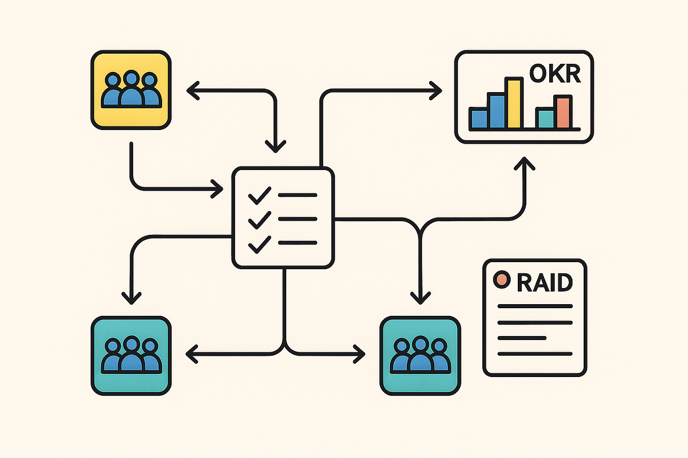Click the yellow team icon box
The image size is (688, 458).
(131, 90)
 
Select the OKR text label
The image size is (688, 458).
(555, 74)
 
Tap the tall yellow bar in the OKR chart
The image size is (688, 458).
(514, 103)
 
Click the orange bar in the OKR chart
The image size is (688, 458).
(562, 112)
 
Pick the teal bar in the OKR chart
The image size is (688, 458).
(545, 118)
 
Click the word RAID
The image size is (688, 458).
(545, 282)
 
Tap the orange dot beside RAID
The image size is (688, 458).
(502, 279)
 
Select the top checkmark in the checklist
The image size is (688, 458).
(259, 195)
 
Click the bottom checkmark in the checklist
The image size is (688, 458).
(259, 244)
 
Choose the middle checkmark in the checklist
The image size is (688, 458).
(259, 220)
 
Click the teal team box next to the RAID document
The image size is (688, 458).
(420, 355)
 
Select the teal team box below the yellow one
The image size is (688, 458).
(131, 355)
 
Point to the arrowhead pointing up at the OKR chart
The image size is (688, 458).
(524, 163)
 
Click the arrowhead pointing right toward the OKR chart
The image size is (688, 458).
(436, 91)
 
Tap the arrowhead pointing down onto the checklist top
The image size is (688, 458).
(276, 147)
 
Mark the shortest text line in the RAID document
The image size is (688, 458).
(522, 338)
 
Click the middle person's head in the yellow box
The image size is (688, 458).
(132, 79)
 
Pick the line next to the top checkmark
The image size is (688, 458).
(297, 195)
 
